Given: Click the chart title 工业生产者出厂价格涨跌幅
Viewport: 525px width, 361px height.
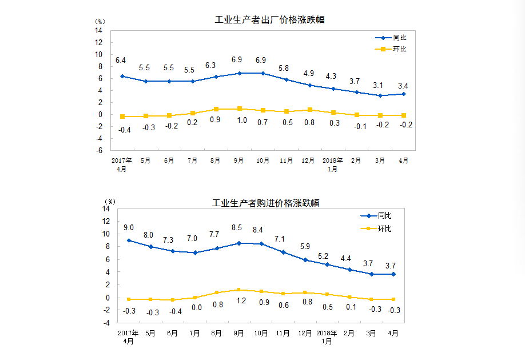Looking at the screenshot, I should point(269,19).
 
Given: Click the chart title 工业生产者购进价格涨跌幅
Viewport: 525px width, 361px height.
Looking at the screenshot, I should point(265,203).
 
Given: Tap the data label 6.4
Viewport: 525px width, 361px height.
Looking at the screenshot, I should point(121,60).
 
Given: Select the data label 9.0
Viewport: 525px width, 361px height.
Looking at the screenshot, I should point(129,228).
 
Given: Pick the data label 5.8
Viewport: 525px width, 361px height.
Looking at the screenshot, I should point(284,69).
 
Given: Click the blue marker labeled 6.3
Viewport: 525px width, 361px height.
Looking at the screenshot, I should point(216,77).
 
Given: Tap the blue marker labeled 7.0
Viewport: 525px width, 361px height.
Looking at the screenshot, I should point(194,252).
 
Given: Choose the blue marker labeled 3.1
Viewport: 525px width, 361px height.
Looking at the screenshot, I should point(379,95).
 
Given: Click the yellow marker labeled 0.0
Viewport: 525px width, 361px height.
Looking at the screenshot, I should point(194,298).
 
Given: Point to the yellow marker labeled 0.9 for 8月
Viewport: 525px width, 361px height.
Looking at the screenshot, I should point(216,109).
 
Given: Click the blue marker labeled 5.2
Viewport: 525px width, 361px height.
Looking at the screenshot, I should point(327,264).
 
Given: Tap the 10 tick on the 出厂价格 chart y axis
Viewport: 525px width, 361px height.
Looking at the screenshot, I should point(99,54).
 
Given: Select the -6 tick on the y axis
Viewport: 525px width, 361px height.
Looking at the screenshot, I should point(99,151).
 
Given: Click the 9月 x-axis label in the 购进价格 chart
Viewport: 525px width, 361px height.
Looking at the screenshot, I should point(238,333).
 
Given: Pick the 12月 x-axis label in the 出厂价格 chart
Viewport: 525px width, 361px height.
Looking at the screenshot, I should point(308,161).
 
